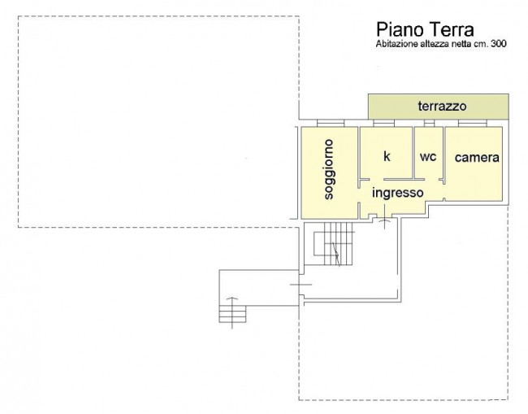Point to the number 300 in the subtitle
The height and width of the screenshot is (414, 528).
click(499, 43)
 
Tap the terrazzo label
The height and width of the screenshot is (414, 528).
click(442, 107)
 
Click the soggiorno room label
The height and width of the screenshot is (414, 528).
click(329, 169)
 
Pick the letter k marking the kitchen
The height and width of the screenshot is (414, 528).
click(387, 156)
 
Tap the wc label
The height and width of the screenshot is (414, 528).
click(428, 157)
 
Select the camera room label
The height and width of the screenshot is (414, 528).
click(477, 158)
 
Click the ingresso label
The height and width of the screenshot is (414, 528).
click(398, 193)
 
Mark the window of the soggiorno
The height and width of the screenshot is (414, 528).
click(331, 123)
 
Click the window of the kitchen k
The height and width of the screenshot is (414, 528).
click(384, 123)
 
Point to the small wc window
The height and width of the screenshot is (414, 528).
click(429, 123)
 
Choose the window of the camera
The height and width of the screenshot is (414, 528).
click(473, 123)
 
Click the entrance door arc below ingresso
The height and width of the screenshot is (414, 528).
click(384, 220)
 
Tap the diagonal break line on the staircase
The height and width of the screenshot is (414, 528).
click(336, 255)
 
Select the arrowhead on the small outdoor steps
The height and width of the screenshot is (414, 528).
click(232, 299)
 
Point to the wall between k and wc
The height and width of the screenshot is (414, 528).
click(413, 152)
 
